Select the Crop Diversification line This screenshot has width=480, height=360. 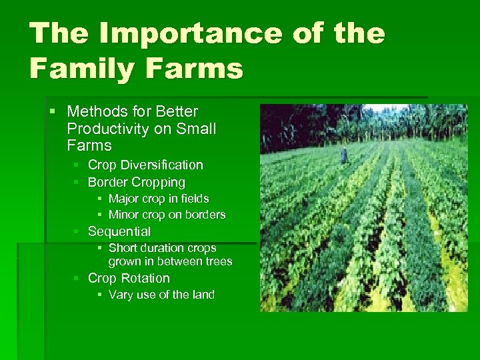[x=145, y=165]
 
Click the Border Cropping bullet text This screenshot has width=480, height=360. [x=137, y=182]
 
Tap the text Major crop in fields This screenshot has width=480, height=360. [x=159, y=199]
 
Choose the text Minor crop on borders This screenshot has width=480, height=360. [x=167, y=215]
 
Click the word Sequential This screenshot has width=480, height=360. [x=119, y=231]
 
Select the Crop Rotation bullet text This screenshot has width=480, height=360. [x=129, y=278]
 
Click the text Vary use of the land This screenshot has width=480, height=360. [x=161, y=295]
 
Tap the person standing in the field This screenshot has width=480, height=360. [x=343, y=155]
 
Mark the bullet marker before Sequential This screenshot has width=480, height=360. [x=77, y=231]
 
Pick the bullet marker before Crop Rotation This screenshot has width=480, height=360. [x=77, y=278]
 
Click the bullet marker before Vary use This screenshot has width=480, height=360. [x=99, y=295]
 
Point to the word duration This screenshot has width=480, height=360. [x=159, y=248]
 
